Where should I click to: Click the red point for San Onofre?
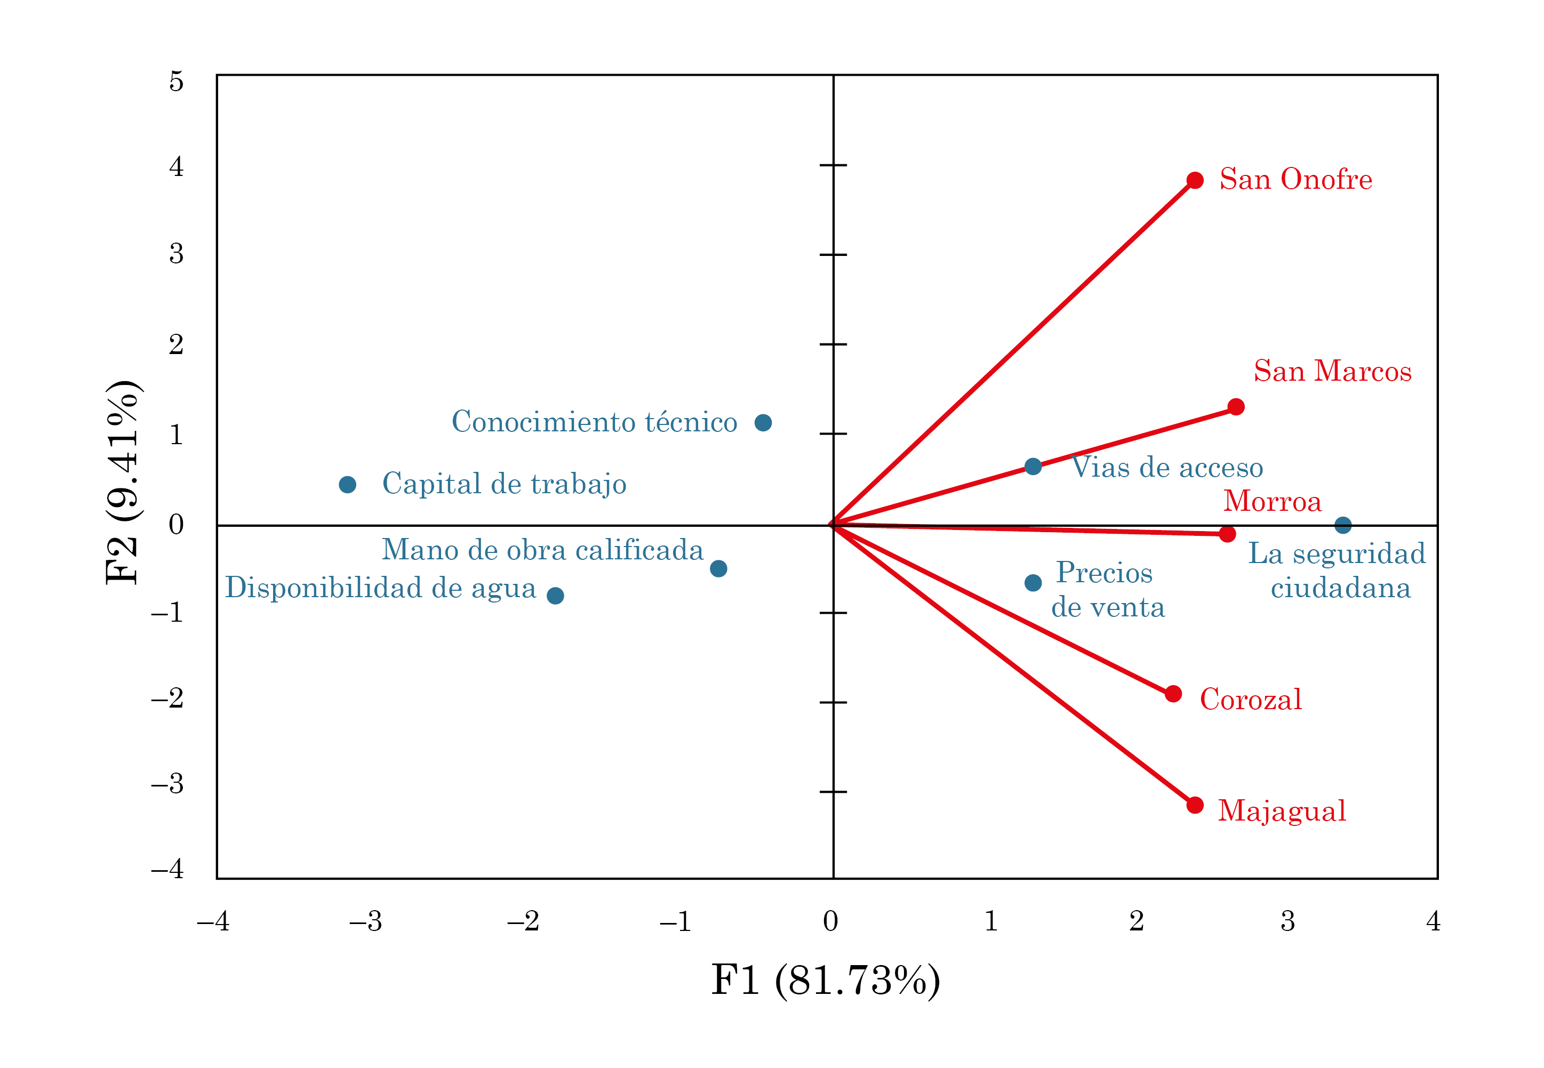1195,180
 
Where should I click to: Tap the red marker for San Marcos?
1236,407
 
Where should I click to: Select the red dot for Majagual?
1195,805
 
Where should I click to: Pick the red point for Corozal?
1173,694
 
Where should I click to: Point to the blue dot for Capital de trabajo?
347,485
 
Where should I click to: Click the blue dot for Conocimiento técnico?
763,423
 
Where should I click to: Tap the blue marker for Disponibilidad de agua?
555,596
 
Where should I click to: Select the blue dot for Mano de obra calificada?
718,569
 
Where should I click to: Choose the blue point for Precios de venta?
1033,583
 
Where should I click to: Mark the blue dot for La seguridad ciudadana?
1342,525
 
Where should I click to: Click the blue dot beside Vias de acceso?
1033,467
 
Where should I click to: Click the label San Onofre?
1295,179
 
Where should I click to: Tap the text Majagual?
1282,811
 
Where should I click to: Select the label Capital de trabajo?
504,484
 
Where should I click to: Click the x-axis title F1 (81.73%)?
825,981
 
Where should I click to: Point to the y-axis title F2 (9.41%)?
123,482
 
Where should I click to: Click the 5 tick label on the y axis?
176,82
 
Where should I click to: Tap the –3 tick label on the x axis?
365,922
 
